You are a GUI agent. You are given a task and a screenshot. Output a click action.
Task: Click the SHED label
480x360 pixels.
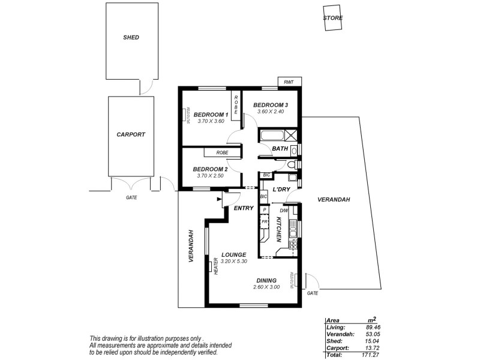tap(131, 37)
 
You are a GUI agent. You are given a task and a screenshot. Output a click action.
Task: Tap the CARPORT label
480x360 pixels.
tap(131, 135)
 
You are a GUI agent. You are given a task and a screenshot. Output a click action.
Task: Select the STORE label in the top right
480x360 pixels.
tap(333, 18)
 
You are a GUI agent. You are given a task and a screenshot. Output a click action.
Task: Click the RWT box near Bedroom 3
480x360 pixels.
tap(289, 82)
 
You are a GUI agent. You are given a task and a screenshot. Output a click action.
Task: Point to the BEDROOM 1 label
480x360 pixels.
tap(211, 115)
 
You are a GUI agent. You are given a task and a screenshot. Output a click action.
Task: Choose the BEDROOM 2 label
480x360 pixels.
tap(211, 169)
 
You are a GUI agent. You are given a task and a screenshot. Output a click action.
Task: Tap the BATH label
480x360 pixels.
tap(280, 148)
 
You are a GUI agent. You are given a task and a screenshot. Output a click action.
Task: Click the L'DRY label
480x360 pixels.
tap(281, 190)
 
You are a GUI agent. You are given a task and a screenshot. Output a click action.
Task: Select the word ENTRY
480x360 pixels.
tap(244, 208)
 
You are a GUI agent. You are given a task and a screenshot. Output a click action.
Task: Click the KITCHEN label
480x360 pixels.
tap(279, 230)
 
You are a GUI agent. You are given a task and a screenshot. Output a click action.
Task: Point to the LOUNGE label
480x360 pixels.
tap(233, 254)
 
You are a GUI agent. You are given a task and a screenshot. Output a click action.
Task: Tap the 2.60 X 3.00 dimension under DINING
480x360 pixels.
tap(266, 287)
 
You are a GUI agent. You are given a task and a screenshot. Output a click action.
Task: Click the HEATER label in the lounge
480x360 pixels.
tap(215, 266)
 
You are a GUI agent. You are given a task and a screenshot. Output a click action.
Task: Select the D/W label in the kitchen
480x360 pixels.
tap(284, 211)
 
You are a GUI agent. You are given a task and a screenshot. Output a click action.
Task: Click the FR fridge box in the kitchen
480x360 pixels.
tap(264, 221)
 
